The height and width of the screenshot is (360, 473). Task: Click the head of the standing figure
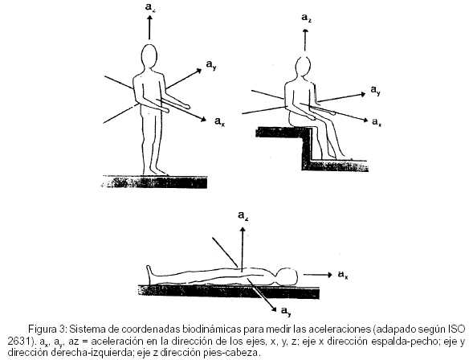(149, 58)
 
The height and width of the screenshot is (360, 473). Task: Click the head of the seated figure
(303, 69)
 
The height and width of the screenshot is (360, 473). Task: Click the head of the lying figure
(287, 276)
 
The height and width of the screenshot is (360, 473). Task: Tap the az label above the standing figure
(150, 7)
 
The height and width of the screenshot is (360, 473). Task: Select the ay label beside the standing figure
(211, 64)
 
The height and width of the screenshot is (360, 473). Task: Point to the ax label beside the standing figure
(219, 121)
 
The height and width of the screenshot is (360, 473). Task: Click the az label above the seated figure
(307, 18)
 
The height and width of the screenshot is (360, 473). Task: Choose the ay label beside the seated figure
(376, 90)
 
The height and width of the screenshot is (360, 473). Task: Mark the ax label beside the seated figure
(376, 122)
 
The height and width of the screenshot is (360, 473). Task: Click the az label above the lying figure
(243, 215)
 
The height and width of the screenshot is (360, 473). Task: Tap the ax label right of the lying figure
(343, 275)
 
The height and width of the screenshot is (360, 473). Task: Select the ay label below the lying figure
(286, 311)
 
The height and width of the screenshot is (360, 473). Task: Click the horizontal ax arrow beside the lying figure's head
(317, 275)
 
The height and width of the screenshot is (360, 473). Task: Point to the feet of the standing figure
(155, 171)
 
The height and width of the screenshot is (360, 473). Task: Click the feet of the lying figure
(149, 274)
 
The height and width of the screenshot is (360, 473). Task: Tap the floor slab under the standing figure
(155, 182)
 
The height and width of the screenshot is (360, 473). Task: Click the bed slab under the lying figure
(229, 292)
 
